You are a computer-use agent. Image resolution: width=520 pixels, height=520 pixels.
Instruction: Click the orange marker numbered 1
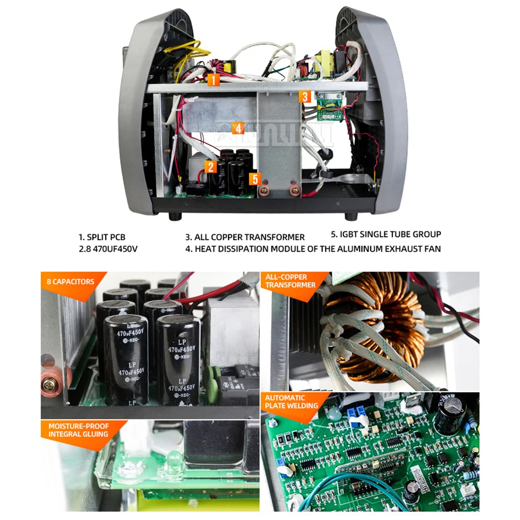tap(213, 80)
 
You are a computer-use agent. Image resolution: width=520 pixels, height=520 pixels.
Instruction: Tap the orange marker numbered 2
tap(210, 166)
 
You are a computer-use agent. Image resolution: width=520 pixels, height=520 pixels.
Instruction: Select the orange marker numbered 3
tap(305, 96)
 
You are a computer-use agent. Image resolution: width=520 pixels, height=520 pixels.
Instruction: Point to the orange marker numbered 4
tap(238, 128)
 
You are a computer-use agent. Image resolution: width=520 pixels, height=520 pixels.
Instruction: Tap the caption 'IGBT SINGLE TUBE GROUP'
tap(391, 234)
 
